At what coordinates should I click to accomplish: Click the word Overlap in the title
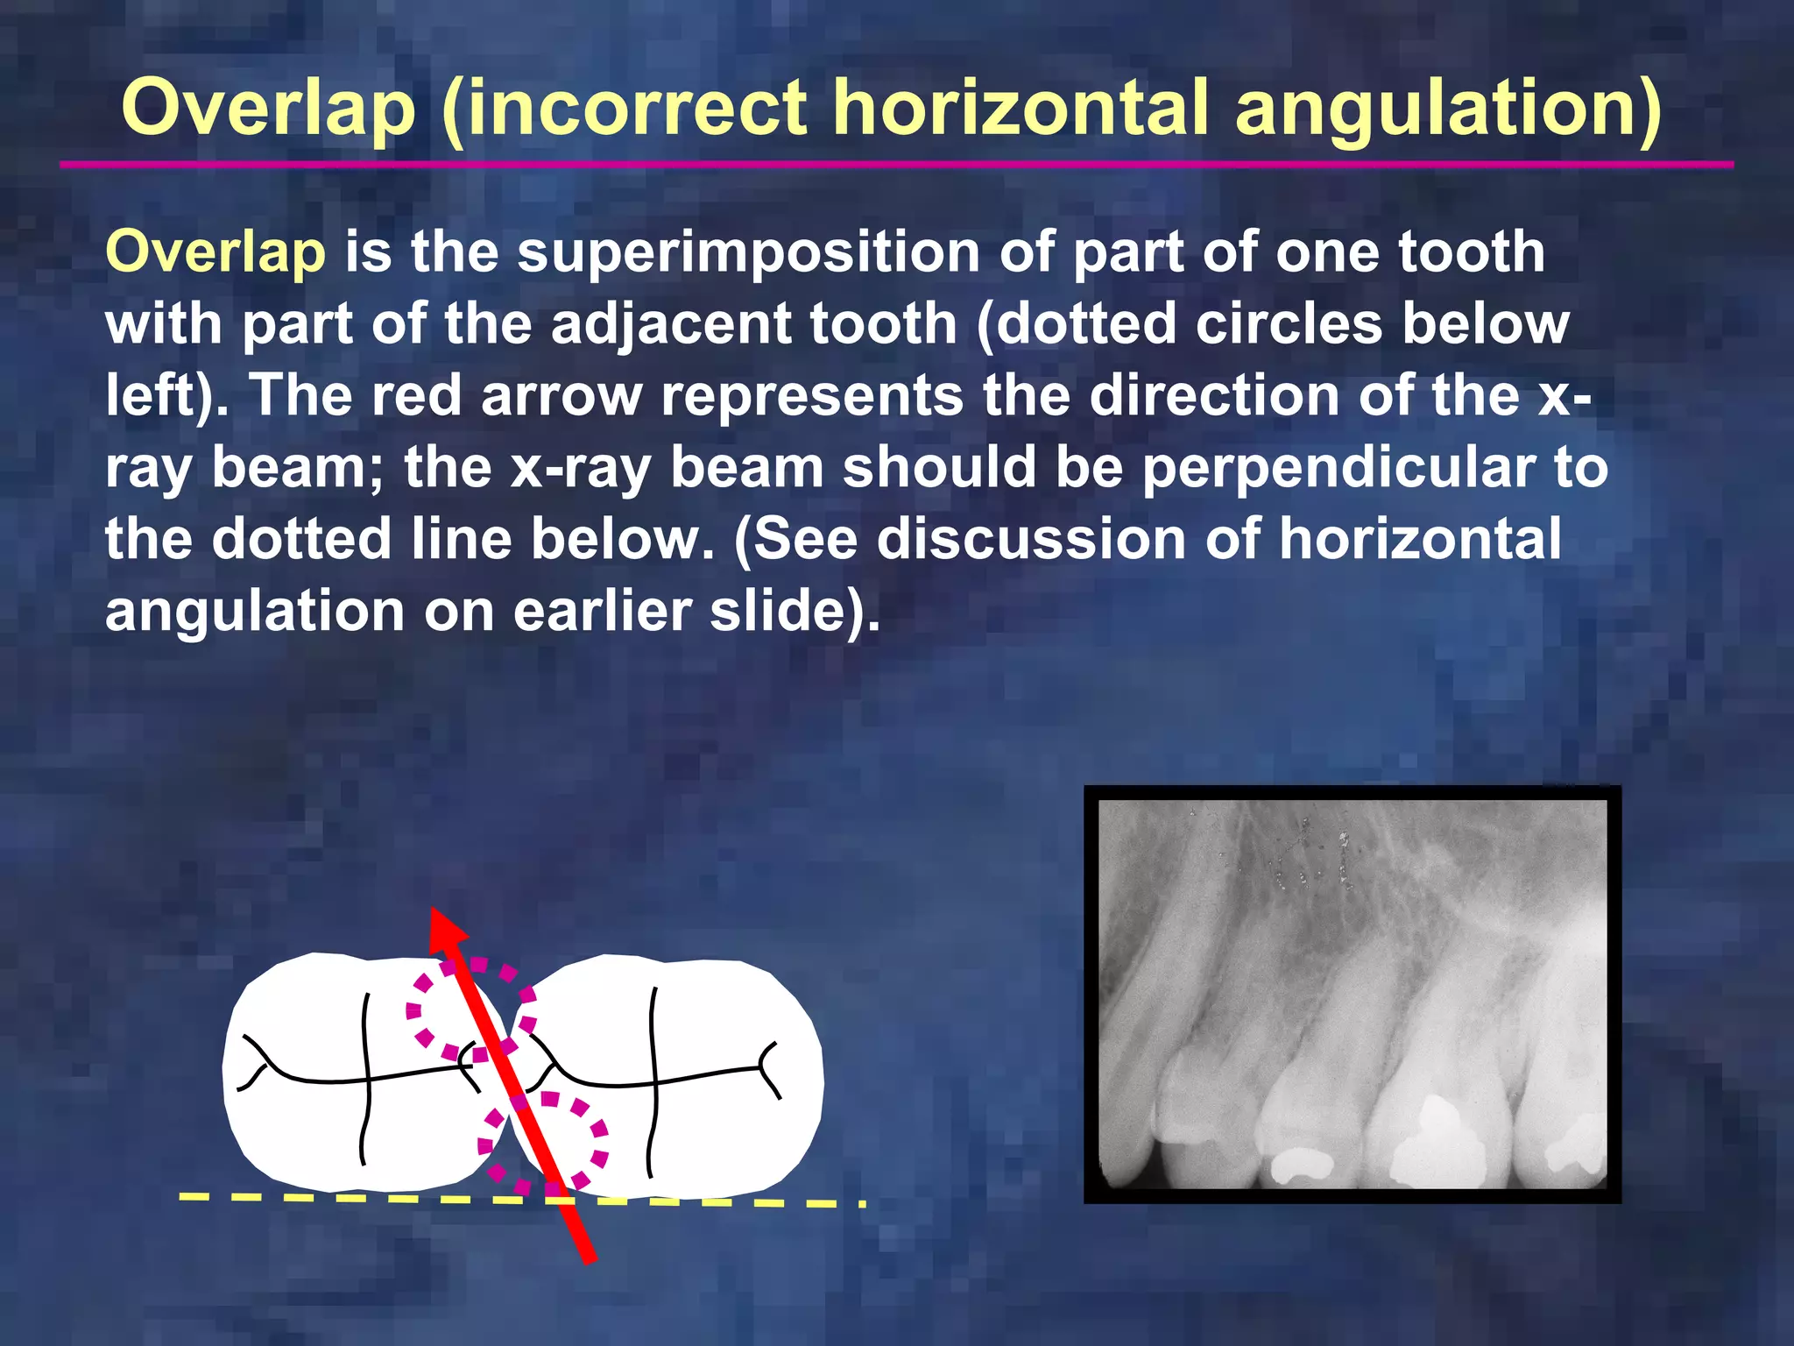268,109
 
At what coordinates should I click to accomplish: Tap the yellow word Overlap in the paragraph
215,252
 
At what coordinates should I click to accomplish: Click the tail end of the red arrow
589,1255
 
